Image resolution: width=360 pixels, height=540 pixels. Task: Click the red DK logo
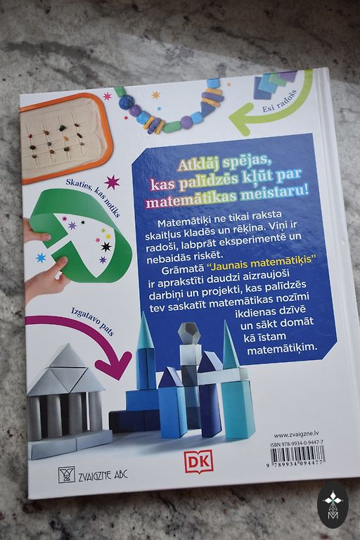pyautogui.click(x=198, y=461)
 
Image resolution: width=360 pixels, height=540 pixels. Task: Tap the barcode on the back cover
pyautogui.click(x=297, y=457)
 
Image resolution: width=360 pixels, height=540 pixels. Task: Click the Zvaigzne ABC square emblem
pyautogui.click(x=67, y=475)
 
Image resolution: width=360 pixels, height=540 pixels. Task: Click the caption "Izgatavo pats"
pyautogui.click(x=92, y=321)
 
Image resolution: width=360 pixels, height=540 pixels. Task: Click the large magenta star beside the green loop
pyautogui.click(x=112, y=182)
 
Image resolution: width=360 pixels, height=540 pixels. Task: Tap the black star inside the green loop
pyautogui.click(x=105, y=247)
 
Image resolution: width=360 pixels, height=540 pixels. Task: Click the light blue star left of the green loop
pyautogui.click(x=41, y=257)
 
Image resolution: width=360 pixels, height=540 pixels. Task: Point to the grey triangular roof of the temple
pyautogui.click(x=66, y=371)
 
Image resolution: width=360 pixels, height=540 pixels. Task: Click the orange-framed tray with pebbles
pyautogui.click(x=65, y=138)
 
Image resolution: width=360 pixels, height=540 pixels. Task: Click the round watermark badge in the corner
pyautogui.click(x=333, y=506)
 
